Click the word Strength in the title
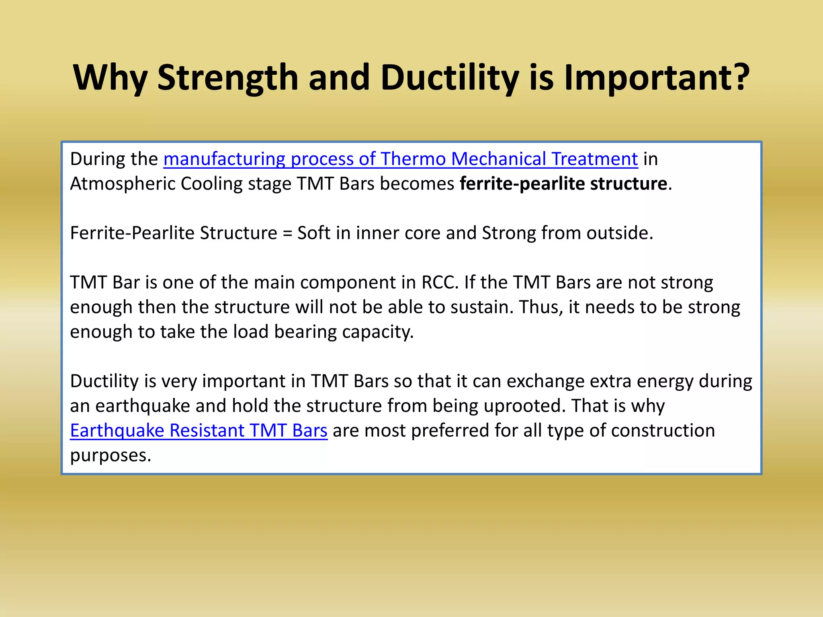click(227, 77)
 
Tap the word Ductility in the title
click(449, 77)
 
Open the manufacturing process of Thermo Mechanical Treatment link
click(400, 159)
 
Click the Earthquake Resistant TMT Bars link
click(199, 431)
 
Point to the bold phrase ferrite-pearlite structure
click(563, 184)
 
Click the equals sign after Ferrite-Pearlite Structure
click(287, 233)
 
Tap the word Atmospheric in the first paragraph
click(122, 184)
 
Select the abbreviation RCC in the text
click(439, 283)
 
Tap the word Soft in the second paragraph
click(313, 233)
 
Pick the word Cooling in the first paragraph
click(211, 184)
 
